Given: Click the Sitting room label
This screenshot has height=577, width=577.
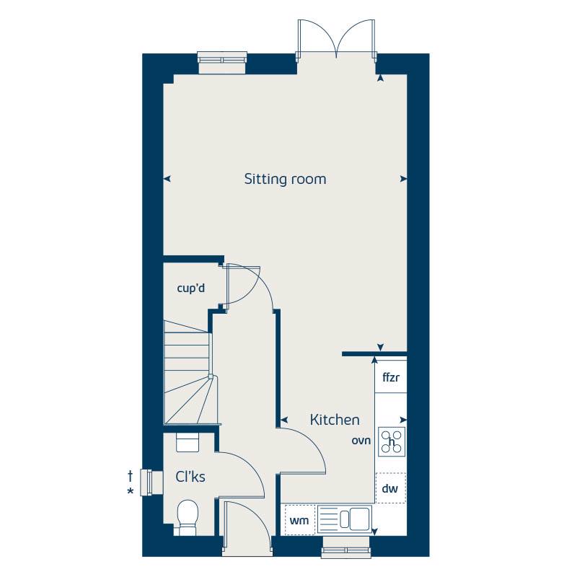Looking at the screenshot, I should click(285, 179).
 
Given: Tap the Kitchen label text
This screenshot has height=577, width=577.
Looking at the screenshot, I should click(335, 420).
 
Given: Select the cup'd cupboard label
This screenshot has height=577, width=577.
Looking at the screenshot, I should click(191, 288).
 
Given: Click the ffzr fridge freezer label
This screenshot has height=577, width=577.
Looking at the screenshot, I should click(390, 378).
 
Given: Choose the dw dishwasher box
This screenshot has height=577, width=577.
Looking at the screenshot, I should click(390, 489).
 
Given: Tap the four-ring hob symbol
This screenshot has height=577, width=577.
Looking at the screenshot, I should click(392, 441).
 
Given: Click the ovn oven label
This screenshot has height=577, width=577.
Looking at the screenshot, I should click(361, 441).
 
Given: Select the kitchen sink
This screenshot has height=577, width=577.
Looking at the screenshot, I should click(345, 519).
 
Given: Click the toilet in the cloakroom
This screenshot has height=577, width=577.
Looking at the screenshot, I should click(188, 516).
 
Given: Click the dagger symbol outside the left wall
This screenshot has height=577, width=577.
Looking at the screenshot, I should click(130, 476).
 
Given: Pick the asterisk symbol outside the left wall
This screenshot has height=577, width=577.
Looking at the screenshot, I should click(130, 491).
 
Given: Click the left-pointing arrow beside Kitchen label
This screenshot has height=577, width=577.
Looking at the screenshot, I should click(284, 419).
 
